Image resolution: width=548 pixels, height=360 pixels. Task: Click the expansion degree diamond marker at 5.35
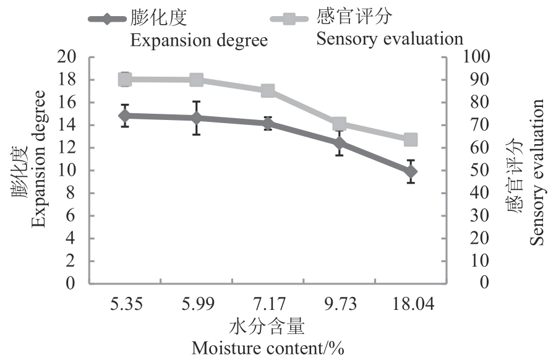[125, 116]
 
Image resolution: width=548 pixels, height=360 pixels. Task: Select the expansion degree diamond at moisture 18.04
[411, 171]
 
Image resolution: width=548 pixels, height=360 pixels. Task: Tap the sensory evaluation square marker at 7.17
[268, 91]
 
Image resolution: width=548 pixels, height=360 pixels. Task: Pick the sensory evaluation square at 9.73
[339, 124]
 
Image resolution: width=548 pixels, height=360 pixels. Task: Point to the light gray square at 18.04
[411, 140]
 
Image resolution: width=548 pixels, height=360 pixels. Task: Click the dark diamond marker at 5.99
[197, 118]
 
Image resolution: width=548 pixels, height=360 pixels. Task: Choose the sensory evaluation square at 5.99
[197, 79]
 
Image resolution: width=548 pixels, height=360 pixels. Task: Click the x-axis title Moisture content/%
[267, 348]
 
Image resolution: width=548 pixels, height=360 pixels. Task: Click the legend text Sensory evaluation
[390, 39]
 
